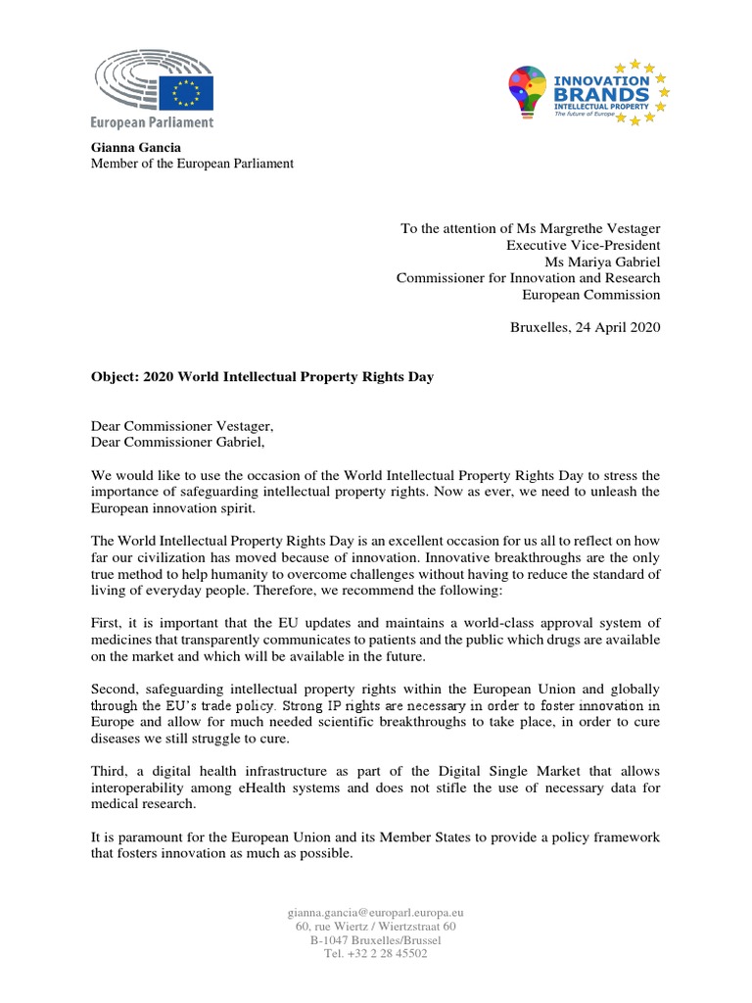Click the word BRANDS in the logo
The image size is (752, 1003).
click(x=602, y=94)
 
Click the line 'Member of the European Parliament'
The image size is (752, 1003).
click(x=192, y=164)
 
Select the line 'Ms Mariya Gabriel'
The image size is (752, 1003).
click(x=602, y=262)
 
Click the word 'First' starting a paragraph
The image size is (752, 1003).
click(x=108, y=623)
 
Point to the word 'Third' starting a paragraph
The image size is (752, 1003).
click(x=110, y=771)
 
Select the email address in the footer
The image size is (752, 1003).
click(x=375, y=912)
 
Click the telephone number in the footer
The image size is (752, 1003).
click(x=375, y=953)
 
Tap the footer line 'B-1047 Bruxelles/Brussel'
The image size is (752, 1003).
click(x=375, y=939)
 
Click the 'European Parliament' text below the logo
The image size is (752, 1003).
click(x=152, y=122)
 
